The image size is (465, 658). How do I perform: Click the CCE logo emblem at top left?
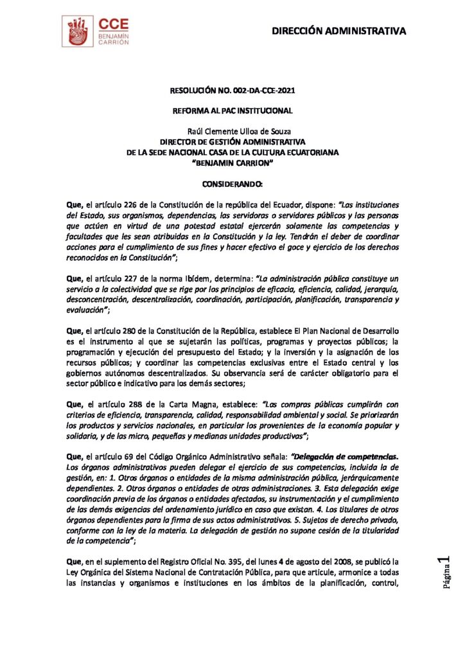click(78, 31)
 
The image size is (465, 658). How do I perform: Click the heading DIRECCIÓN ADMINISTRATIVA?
click(338, 30)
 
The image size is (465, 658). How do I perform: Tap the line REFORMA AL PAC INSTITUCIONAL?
click(232, 111)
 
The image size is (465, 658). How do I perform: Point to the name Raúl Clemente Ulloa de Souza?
click(232, 132)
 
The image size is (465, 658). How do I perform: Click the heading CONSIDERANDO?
click(232, 184)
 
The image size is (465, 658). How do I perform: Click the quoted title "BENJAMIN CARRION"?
click(232, 163)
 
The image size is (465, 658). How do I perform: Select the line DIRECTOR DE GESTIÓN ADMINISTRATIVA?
click(232, 142)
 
